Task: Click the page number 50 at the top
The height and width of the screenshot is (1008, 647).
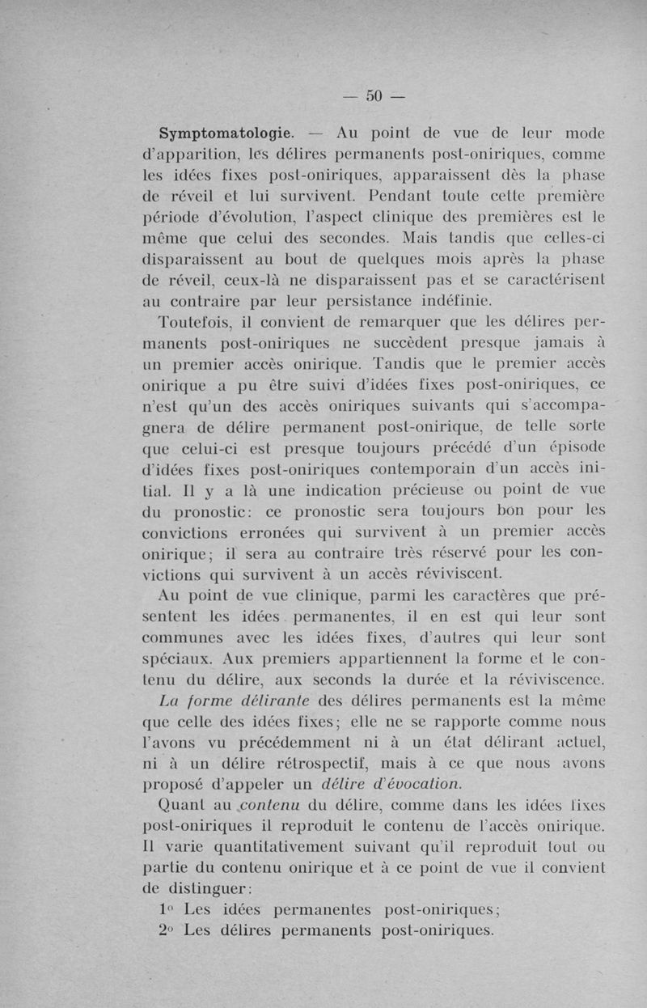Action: [373, 95]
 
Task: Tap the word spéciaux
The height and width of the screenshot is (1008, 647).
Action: [175, 659]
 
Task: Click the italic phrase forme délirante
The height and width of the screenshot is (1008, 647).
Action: [241, 701]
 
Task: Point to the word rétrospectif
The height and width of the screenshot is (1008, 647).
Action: [315, 764]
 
